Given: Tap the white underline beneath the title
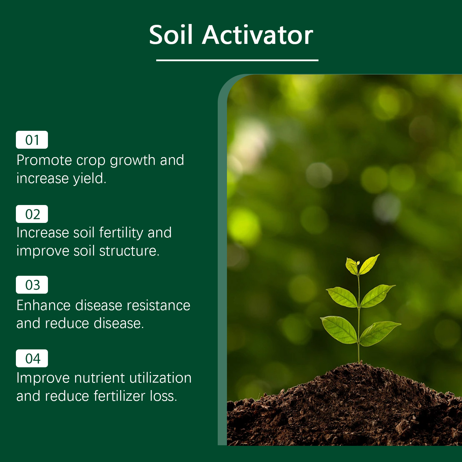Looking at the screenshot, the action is [237, 60].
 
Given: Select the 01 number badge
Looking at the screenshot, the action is [32, 140].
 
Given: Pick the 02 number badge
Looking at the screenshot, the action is [32, 214].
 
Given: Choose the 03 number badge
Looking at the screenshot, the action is [32, 285].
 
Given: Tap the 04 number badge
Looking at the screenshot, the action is [32, 358].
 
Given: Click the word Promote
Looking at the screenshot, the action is [44, 161].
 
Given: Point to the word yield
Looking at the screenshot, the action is [90, 178].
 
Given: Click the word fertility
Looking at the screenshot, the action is [121, 233].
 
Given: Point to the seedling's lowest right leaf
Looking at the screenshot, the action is [380, 333].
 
